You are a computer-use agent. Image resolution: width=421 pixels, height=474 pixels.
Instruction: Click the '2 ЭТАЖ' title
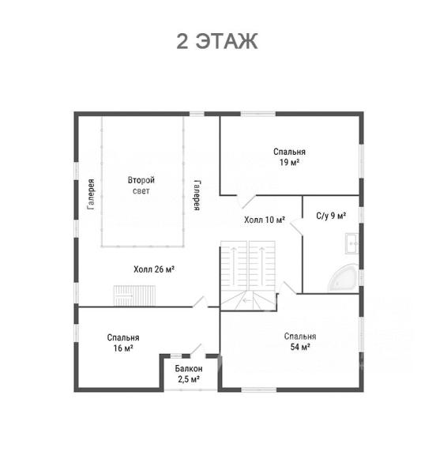point(216,41)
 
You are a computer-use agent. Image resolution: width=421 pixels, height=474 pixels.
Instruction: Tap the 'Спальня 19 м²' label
point(289,157)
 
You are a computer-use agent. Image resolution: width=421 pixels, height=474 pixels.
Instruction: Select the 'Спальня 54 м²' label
point(300,341)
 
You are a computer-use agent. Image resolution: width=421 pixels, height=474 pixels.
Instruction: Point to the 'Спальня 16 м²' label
point(123,343)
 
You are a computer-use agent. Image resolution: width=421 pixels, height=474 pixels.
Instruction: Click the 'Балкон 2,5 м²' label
point(189,374)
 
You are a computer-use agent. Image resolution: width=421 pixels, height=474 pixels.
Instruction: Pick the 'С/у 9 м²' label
point(331,216)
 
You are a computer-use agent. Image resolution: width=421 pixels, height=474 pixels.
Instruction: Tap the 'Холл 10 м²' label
point(265,220)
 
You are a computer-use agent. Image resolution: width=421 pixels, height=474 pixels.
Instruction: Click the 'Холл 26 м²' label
point(154,269)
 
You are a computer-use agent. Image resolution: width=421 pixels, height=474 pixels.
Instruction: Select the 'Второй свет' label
point(141,186)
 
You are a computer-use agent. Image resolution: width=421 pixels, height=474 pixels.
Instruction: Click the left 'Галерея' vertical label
point(91,194)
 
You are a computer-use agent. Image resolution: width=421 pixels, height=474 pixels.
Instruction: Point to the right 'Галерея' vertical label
point(197,195)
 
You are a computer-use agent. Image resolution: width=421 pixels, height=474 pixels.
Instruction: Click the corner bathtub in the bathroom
point(344,277)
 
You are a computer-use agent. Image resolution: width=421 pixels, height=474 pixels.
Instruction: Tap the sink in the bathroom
point(352,243)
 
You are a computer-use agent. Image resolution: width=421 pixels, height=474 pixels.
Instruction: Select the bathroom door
point(296,226)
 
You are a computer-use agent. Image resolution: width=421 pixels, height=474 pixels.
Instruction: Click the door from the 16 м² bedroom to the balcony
point(197,349)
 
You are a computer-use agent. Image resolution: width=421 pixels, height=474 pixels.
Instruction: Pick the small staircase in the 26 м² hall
point(134,295)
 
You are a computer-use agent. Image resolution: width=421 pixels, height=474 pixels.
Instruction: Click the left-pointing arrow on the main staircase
point(247,300)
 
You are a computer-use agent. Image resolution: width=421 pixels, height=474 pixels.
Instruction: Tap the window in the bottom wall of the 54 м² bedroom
point(259,389)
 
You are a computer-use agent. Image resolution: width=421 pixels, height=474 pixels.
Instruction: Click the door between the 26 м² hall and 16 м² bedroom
point(201,302)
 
